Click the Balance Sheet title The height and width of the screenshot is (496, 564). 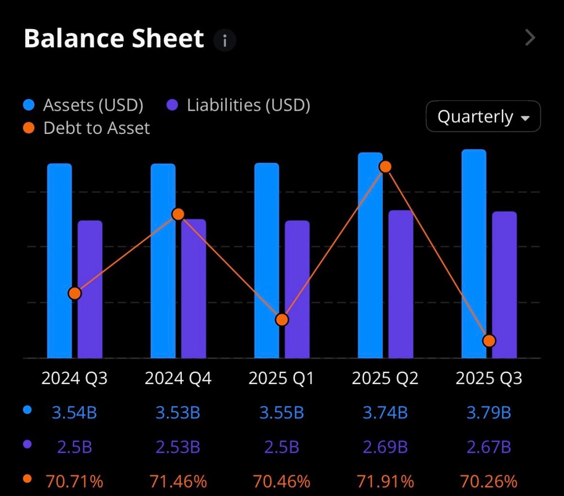[113, 39]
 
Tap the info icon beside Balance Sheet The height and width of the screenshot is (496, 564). [225, 41]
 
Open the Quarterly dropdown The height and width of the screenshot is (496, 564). [483, 116]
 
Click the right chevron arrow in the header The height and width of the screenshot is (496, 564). [530, 37]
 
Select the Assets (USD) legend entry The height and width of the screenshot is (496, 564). [83, 105]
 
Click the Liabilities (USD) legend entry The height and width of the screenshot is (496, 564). [238, 105]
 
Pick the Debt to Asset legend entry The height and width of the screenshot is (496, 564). [87, 128]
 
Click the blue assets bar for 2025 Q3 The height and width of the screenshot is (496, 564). [474, 254]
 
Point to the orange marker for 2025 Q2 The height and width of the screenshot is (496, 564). [386, 166]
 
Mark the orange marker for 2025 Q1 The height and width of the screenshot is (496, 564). [282, 320]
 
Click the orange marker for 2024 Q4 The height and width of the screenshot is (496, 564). [178, 214]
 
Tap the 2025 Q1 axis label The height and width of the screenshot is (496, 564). [281, 379]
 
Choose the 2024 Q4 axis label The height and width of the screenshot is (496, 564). [178, 379]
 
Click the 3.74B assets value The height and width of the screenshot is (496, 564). [385, 412]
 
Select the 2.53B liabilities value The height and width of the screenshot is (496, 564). [178, 446]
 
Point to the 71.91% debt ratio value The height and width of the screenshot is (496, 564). [385, 482]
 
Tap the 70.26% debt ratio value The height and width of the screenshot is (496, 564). [489, 482]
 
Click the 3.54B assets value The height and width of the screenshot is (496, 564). [74, 412]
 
